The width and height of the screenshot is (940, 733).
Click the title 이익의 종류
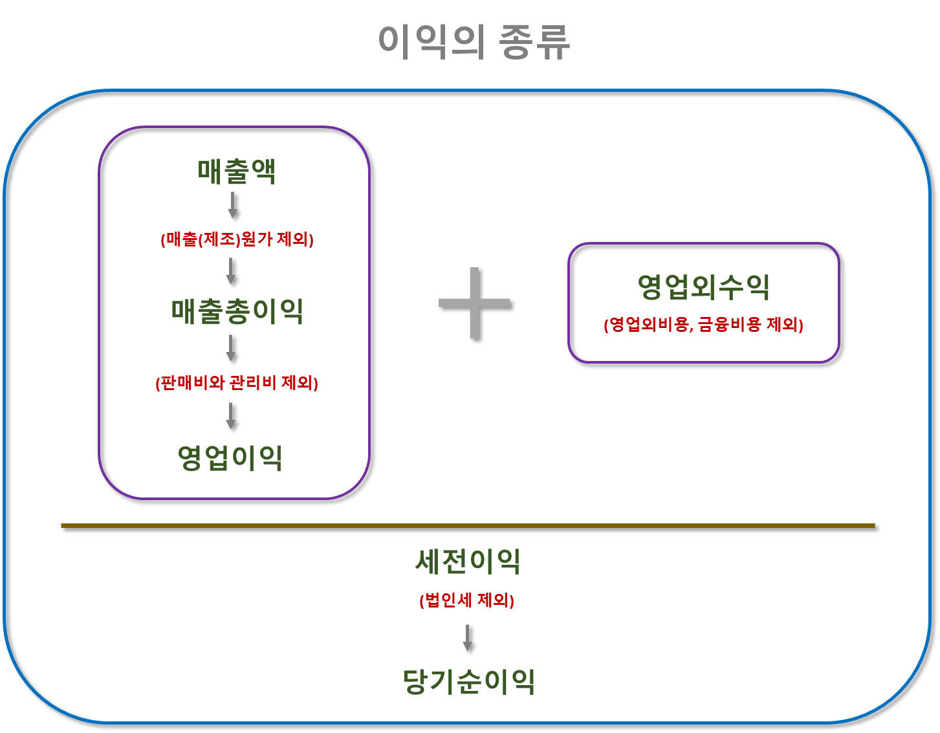474,43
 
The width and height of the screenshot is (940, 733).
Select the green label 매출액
237,171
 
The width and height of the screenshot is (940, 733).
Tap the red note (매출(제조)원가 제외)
237,240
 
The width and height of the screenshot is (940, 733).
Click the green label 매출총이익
237,311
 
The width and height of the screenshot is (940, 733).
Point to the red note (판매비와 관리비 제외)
237,383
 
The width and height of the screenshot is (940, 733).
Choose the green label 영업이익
230,458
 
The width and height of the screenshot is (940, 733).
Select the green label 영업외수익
703,287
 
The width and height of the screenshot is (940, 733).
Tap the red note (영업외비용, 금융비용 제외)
703,325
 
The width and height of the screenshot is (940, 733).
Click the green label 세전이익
468,562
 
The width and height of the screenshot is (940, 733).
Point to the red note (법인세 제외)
466,601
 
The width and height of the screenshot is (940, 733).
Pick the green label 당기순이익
468,681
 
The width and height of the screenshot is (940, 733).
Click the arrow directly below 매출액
232,204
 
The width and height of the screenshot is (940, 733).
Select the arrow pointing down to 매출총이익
230,271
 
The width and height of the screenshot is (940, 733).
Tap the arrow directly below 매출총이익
230,348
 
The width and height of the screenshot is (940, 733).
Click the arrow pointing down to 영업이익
230,416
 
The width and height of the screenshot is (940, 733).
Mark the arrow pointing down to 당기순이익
467,638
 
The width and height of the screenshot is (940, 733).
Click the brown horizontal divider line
468,525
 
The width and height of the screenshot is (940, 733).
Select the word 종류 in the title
534,43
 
